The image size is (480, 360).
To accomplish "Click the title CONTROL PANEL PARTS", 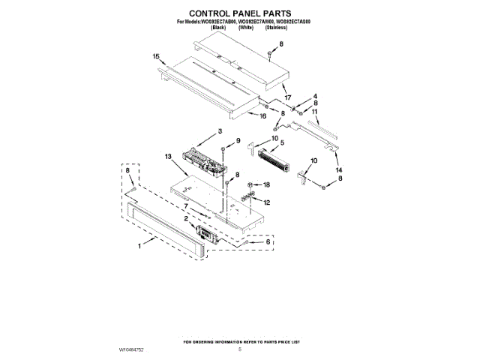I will click(x=240, y=13).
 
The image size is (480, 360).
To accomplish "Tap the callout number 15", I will click(x=156, y=57).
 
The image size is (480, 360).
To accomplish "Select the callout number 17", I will click(x=286, y=97).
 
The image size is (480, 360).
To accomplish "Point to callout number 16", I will click(x=262, y=116).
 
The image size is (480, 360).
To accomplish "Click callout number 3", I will click(x=220, y=132).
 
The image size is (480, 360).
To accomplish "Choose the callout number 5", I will click(x=282, y=142).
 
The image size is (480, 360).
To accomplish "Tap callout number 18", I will click(x=266, y=184).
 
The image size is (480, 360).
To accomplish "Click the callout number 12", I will click(x=266, y=202).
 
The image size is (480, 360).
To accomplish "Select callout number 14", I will click(x=339, y=170).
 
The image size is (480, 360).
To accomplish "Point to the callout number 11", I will click(x=316, y=112).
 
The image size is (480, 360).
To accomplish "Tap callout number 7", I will click(x=186, y=205).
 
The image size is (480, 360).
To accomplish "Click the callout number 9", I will click(x=238, y=140).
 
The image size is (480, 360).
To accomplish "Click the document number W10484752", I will click(x=131, y=349).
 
